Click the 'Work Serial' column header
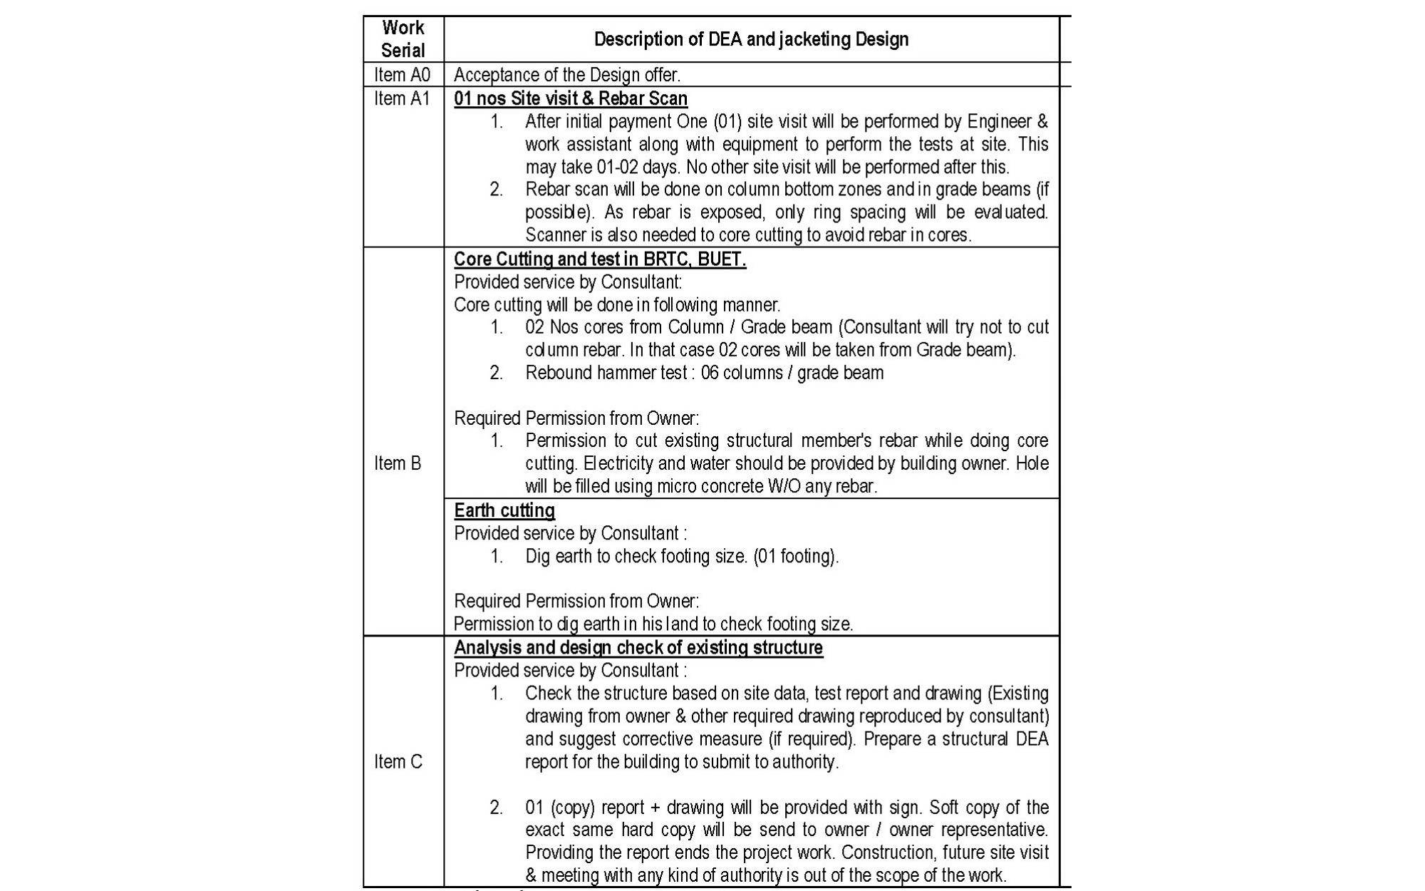(403, 39)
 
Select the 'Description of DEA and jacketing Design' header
(751, 39)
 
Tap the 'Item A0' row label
(403, 75)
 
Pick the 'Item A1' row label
(403, 98)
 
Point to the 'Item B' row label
(398, 463)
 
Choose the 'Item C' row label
(398, 762)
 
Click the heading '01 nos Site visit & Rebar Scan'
(571, 98)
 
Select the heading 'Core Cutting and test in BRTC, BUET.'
(600, 259)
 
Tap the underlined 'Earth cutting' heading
(504, 510)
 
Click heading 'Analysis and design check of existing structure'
(638, 647)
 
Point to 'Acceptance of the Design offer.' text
(567, 75)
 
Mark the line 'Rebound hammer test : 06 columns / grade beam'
(704, 373)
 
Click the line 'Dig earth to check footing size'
(682, 556)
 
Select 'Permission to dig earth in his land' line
(653, 624)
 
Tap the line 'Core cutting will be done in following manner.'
(617, 305)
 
